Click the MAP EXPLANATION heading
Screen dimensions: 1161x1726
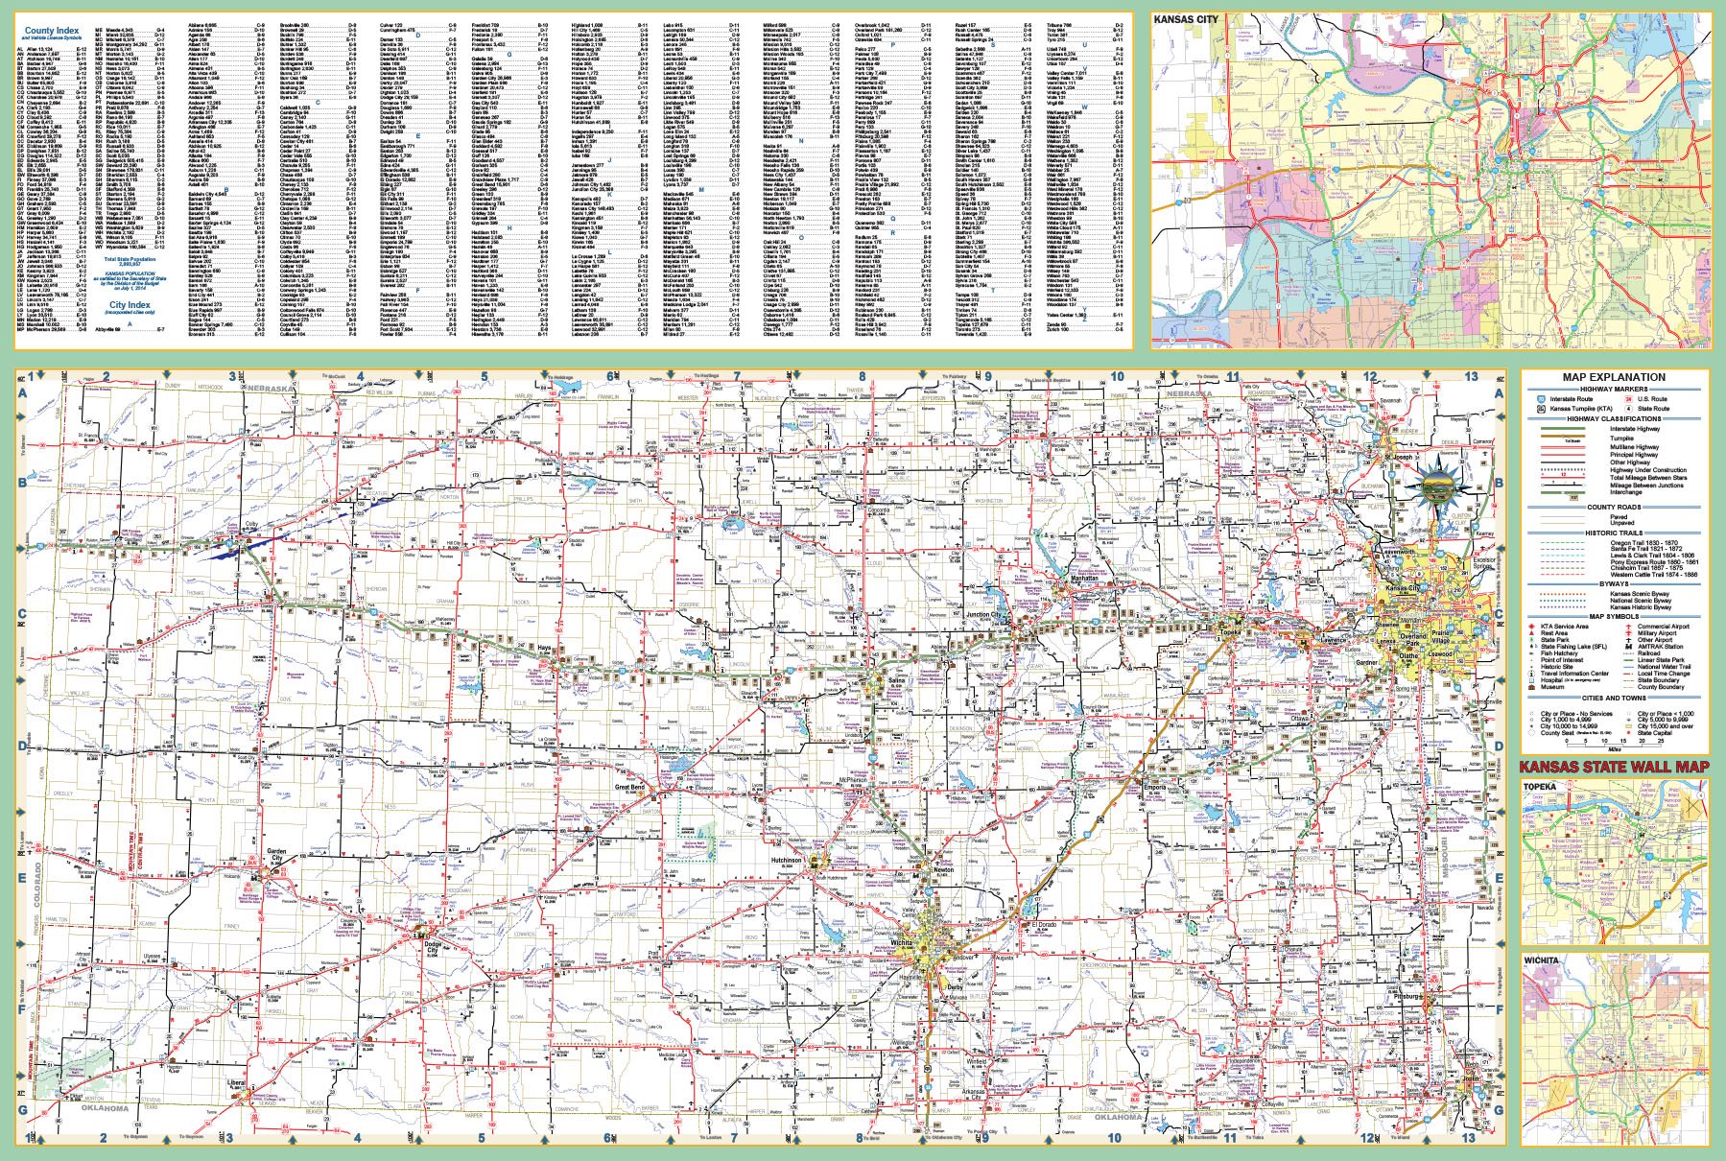click(1613, 377)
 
